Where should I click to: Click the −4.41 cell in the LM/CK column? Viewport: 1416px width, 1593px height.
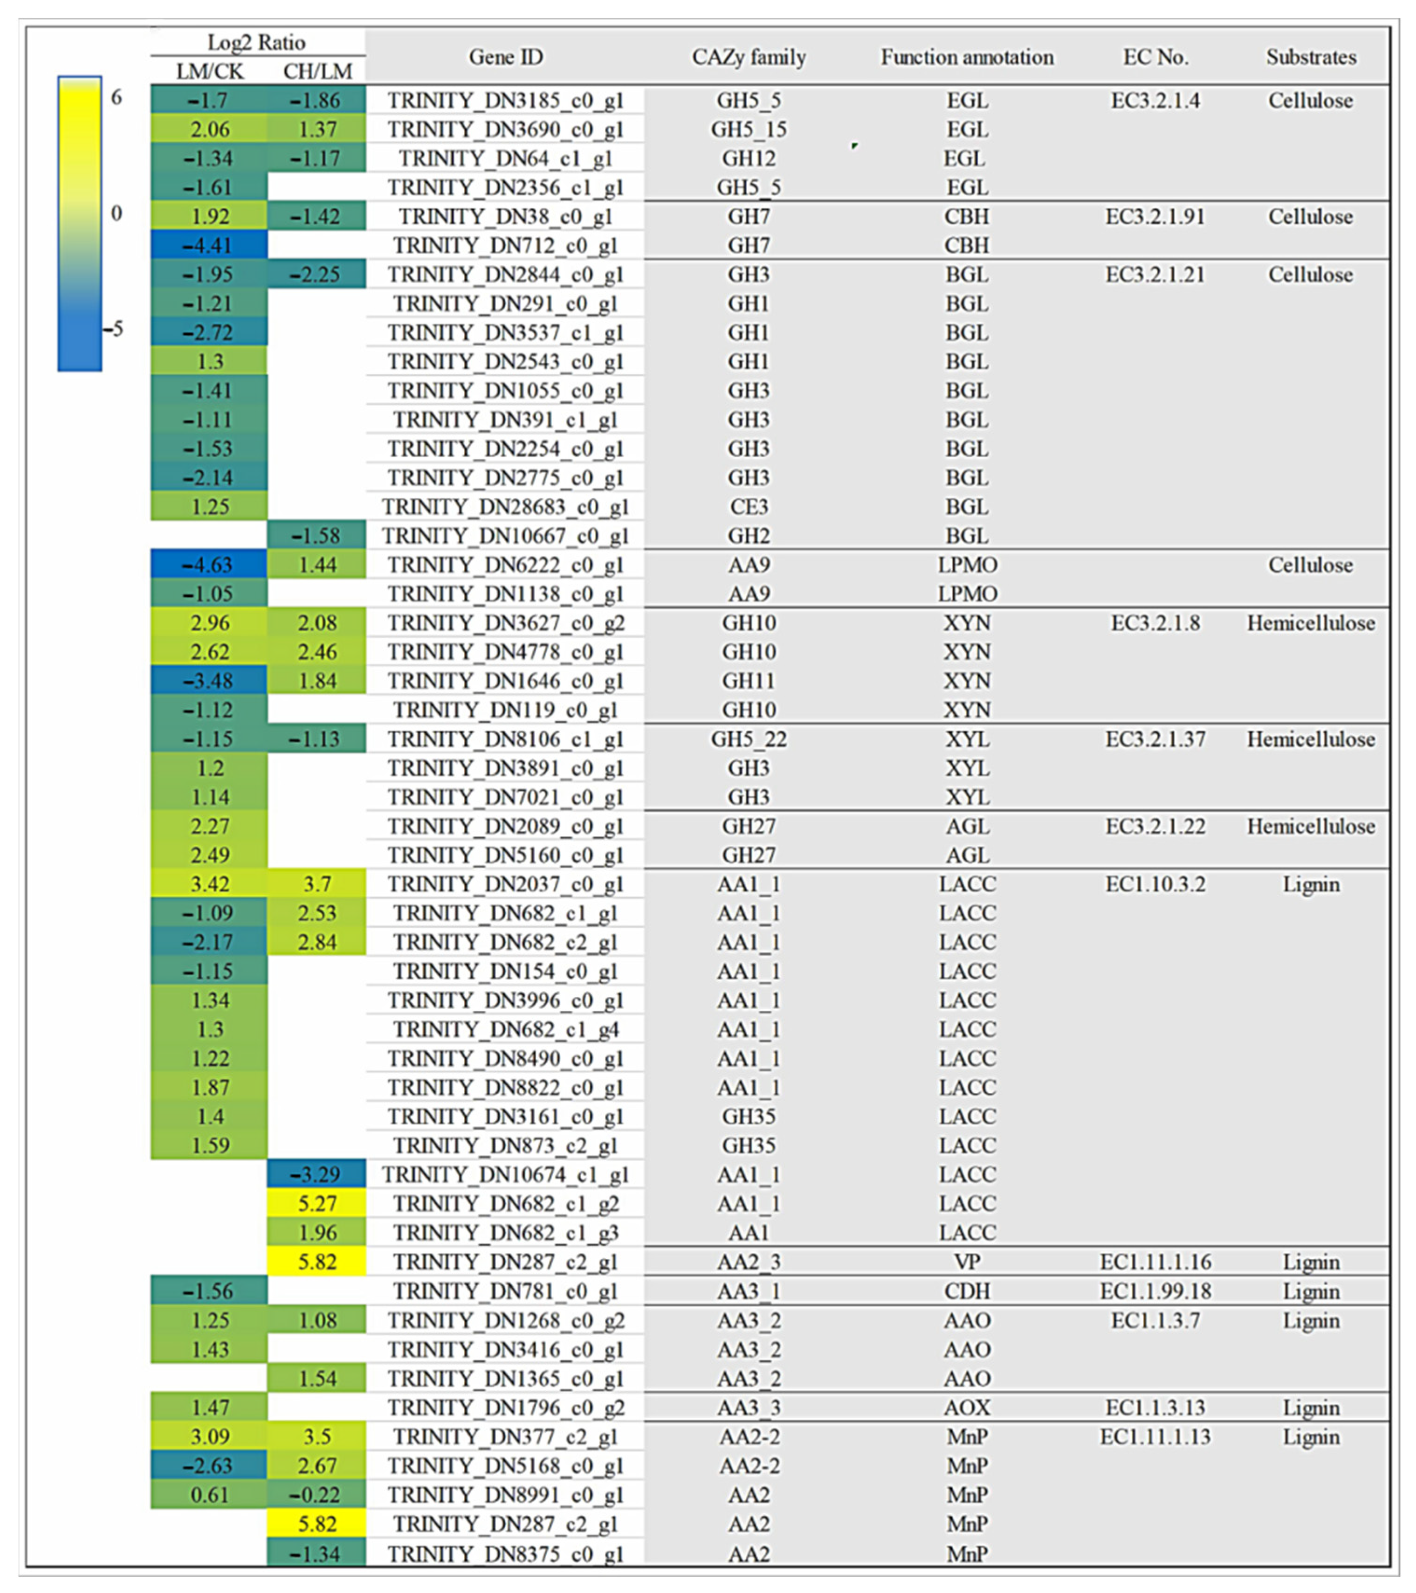pos(209,246)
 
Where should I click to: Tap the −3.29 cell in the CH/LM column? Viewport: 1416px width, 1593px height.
pos(316,1174)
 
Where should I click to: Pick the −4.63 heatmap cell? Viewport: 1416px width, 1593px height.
pos(209,565)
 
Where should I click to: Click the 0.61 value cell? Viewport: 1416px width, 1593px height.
pos(209,1495)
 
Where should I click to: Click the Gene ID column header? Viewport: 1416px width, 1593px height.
pos(505,57)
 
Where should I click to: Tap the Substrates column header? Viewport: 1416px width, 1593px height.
pos(1311,57)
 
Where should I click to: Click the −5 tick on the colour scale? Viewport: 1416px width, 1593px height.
pos(115,328)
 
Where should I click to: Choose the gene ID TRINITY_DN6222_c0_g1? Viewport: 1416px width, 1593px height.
pos(505,565)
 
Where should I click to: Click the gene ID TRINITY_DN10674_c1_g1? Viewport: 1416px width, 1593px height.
pos(505,1174)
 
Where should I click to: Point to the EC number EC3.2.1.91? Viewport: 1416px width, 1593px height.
pos(1155,217)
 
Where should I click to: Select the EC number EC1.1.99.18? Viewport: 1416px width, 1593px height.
pos(1155,1291)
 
